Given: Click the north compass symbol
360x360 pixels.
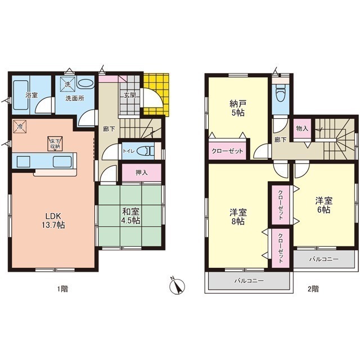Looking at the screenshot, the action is [177, 286].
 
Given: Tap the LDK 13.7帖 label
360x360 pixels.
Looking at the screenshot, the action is [53, 220].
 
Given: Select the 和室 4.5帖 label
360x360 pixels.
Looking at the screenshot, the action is [130, 215].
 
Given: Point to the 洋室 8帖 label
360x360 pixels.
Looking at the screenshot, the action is [238, 217].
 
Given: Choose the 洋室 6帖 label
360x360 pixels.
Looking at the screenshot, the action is [324, 205].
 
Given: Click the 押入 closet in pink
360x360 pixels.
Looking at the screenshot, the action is [141, 173].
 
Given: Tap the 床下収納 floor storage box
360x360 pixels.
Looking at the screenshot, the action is [55, 144].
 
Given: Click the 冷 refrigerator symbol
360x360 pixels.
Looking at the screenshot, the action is [19, 126].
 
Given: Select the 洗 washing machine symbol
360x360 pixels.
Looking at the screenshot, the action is [67, 84].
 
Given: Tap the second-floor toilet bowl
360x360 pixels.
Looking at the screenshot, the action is [280, 94].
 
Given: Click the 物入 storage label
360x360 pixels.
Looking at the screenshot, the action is [302, 128].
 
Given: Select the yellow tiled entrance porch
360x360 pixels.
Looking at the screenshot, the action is [156, 94].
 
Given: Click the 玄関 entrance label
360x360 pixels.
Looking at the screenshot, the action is [130, 95].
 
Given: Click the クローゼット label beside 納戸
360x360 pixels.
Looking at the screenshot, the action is [227, 151].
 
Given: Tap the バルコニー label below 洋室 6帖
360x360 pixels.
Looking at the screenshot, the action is [324, 259].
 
